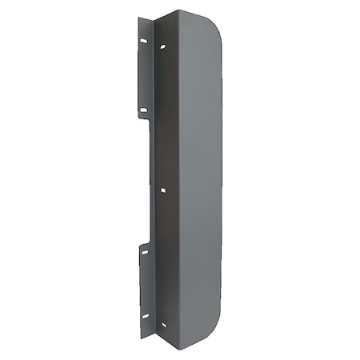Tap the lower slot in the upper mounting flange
pos(143,110)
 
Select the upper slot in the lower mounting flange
pos(145,252)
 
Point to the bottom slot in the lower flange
pos(146,315)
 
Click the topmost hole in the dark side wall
pos(163,47)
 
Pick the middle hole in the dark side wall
pos(163,190)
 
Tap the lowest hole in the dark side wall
pos(163,324)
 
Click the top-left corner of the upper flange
pos(138,18)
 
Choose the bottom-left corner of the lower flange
pos(142,338)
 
